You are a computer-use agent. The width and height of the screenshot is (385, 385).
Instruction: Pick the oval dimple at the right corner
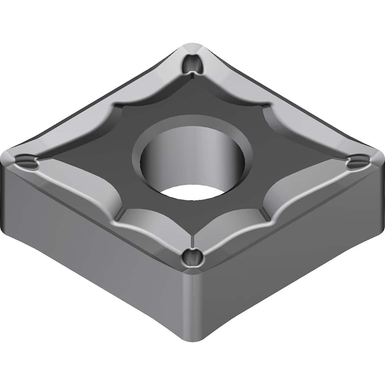[x=358, y=162]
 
